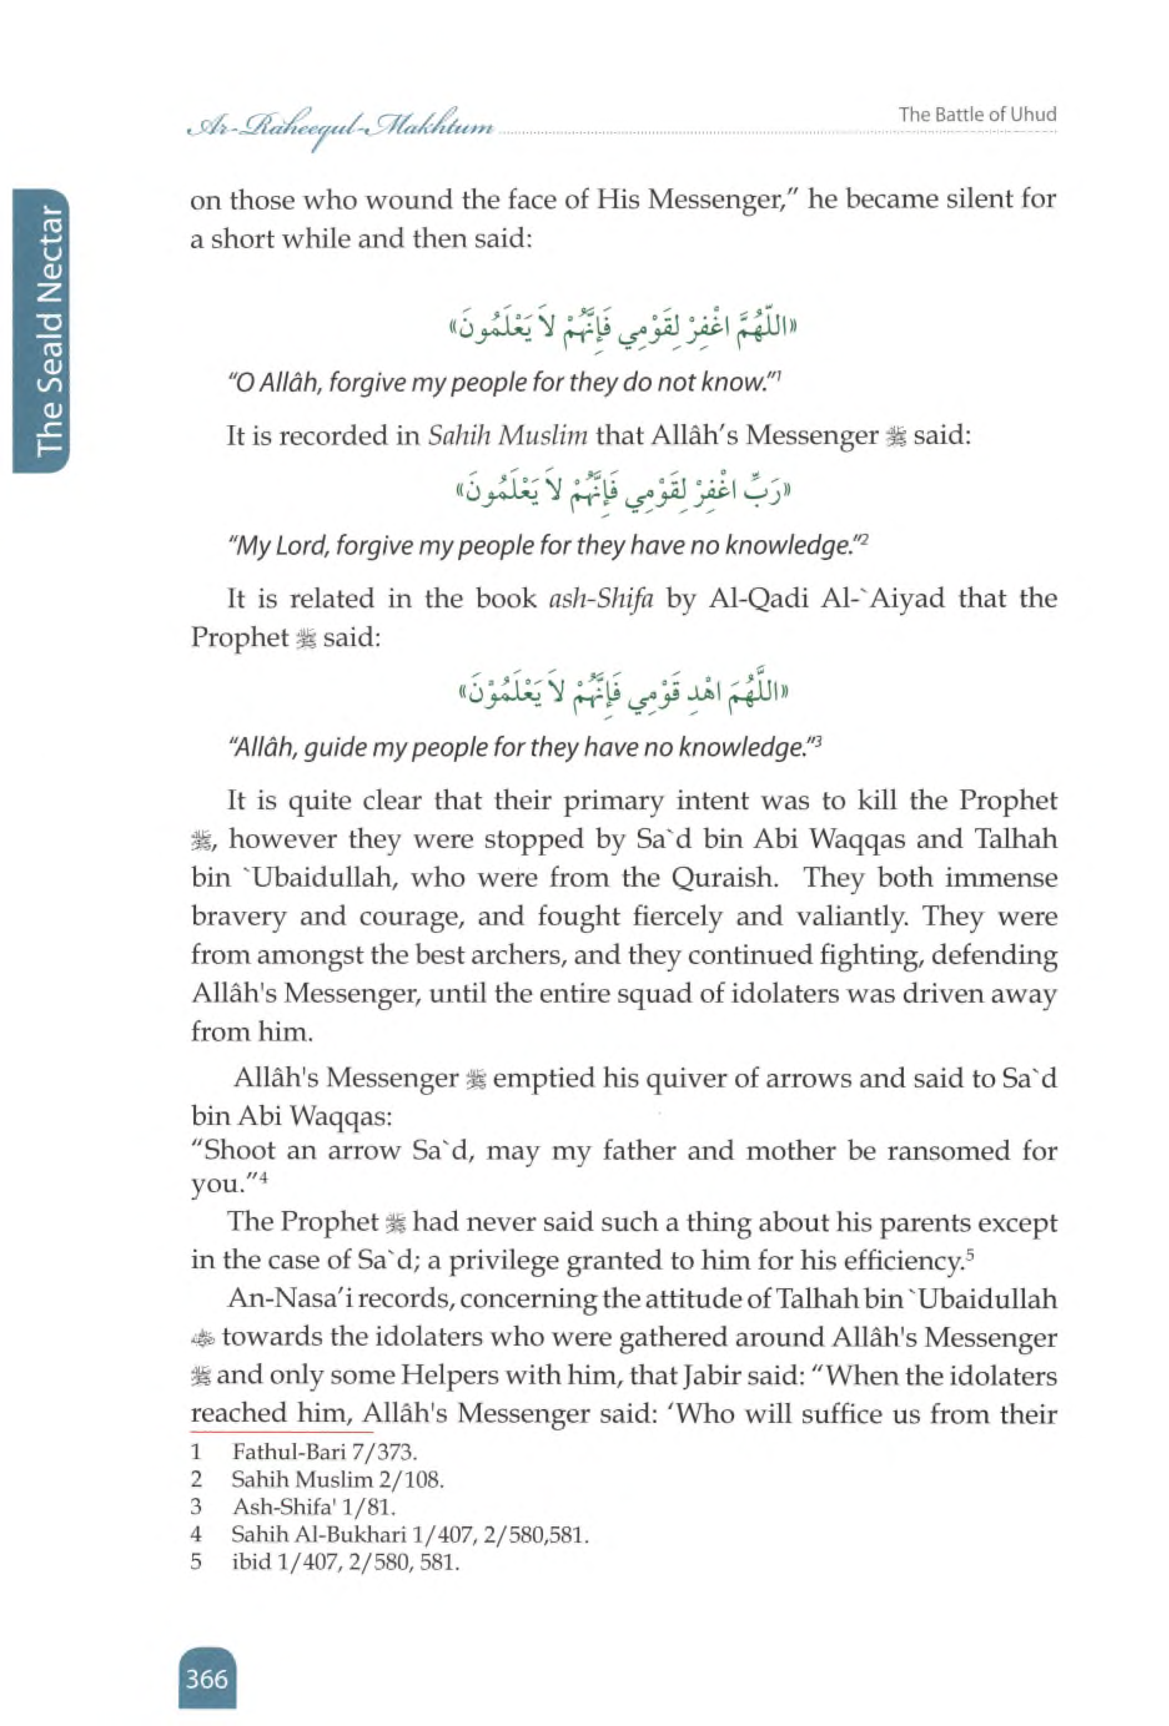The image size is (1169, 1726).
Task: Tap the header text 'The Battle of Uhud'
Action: tap(977, 114)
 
